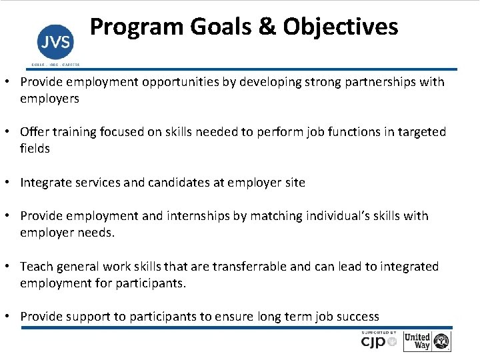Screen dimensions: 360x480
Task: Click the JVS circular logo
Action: [55, 43]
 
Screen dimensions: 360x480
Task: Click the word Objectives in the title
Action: [340, 27]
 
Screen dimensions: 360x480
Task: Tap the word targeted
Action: [421, 132]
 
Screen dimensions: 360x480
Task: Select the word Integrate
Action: [47, 182]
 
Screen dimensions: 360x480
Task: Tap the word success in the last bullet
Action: [356, 317]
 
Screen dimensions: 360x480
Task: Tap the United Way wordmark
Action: [417, 341]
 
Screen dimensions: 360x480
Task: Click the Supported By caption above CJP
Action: [379, 333]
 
